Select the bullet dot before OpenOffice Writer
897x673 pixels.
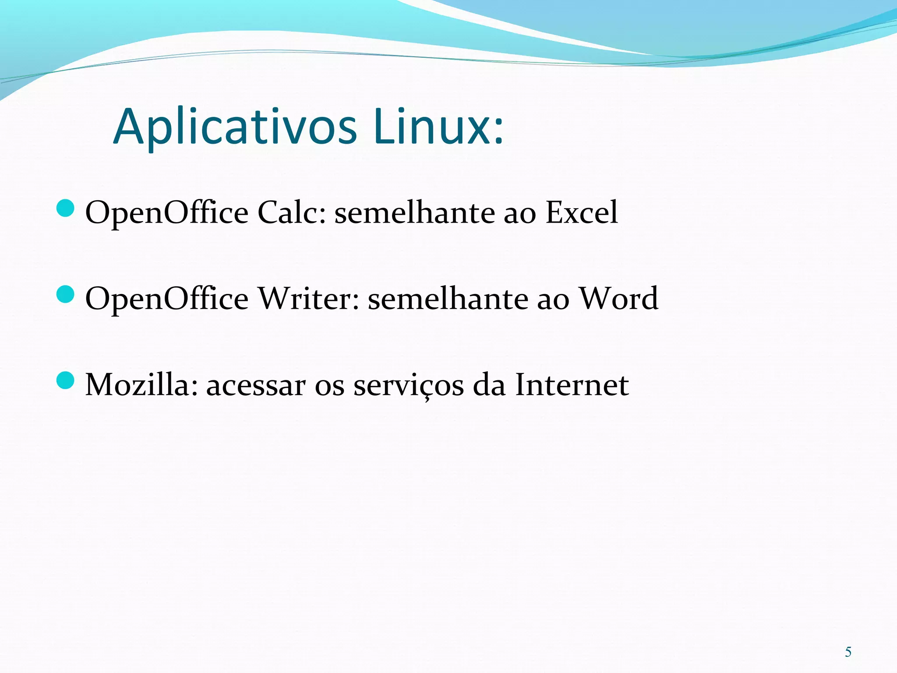pyautogui.click(x=66, y=294)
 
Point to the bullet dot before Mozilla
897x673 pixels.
pyautogui.click(x=66, y=380)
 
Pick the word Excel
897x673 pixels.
pyautogui.click(x=581, y=213)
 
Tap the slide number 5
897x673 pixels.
pyautogui.click(x=848, y=652)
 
